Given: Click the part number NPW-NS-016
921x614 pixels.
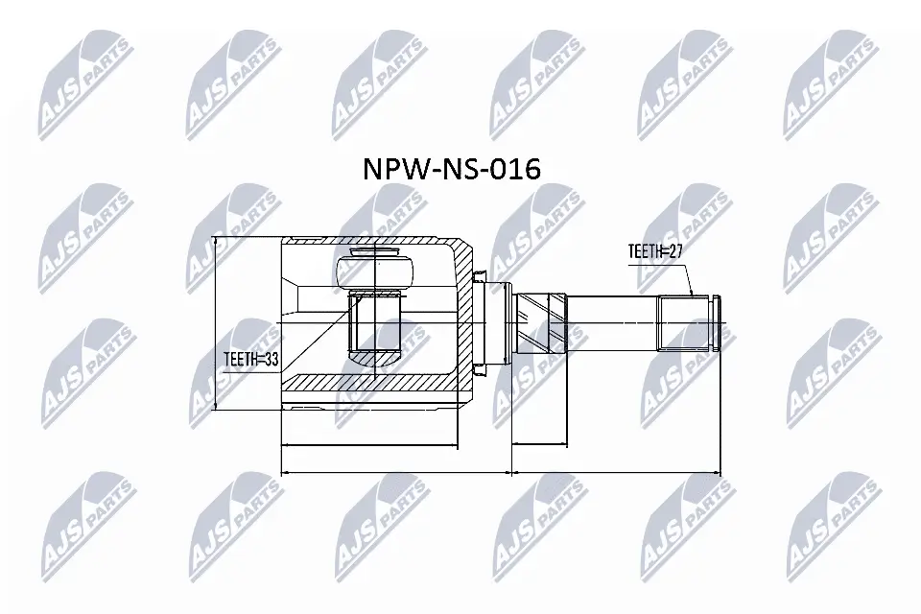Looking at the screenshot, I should point(451,170).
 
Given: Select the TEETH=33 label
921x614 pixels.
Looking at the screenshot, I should point(250,361).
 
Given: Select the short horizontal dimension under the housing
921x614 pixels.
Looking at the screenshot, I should point(369,445).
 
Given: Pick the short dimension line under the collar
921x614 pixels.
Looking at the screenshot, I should point(540,445).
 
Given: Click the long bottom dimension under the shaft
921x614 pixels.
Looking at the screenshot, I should point(615,472).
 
